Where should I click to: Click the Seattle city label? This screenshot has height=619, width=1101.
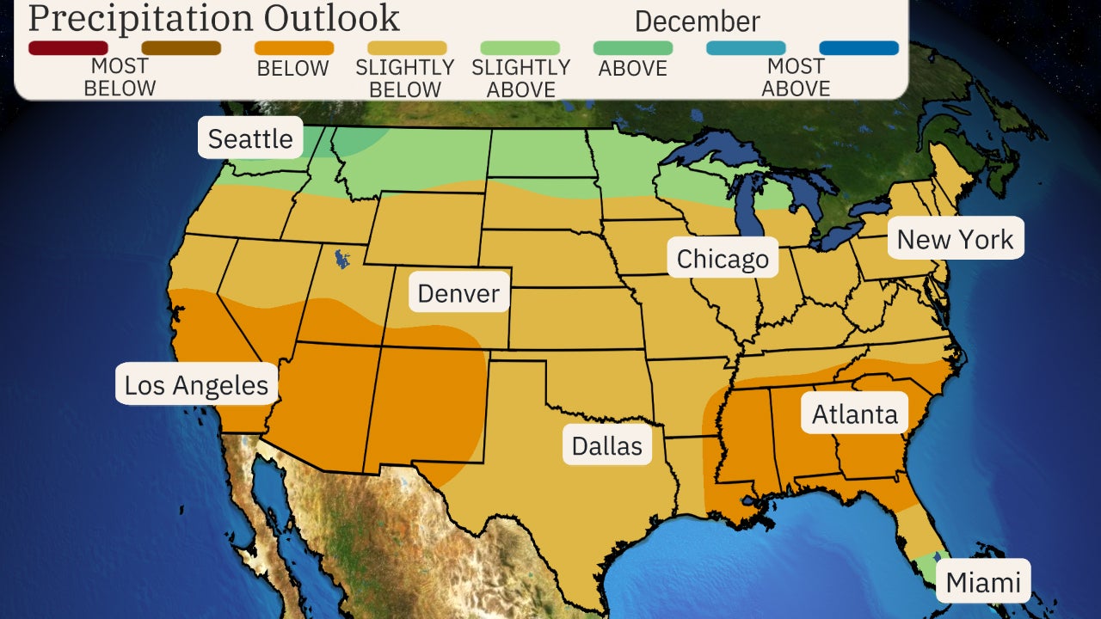coord(250,138)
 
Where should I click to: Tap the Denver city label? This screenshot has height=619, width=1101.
coord(458,294)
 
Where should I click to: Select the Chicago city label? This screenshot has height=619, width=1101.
coord(723,259)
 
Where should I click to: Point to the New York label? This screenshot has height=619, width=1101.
coord(955,239)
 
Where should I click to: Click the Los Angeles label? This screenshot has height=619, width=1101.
coord(196,385)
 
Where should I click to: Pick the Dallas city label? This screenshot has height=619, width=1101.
coord(607,446)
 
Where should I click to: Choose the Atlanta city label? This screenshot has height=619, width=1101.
coord(855,414)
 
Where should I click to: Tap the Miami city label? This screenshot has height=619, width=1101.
coord(983,583)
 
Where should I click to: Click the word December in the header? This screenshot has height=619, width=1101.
coord(697,21)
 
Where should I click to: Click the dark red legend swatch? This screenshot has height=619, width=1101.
coord(68,48)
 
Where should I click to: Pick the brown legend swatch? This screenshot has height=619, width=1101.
coord(181,48)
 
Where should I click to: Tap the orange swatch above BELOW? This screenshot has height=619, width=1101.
coord(294,48)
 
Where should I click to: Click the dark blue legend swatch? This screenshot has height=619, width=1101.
coord(858,48)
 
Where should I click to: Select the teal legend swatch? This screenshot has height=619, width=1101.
coord(746,48)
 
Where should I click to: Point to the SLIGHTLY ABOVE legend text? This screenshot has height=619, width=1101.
coord(520,78)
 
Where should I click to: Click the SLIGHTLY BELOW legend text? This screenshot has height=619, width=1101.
coord(405,78)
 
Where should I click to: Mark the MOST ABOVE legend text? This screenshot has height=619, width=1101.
coord(796,77)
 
